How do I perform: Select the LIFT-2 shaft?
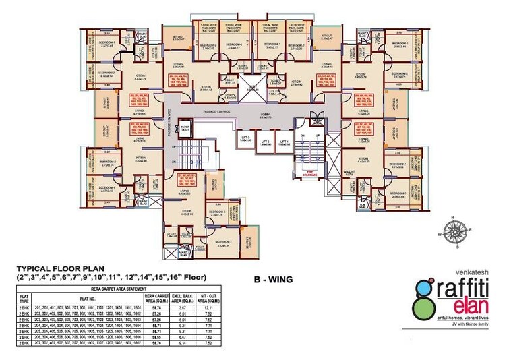pyautogui.click(x=266, y=142)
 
